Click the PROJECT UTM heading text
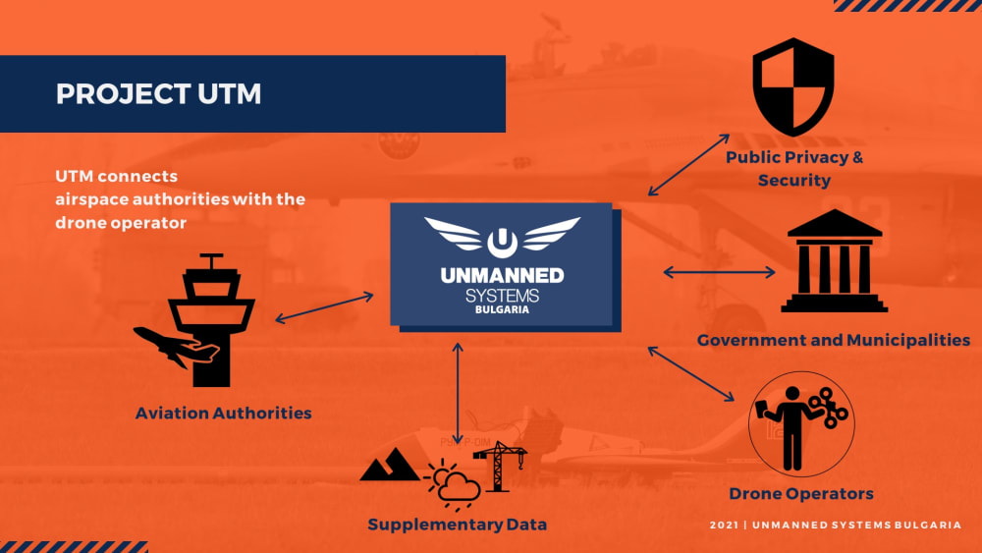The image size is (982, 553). coord(159,94)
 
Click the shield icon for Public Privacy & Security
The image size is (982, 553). coord(792,87)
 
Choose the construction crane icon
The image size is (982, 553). coord(501,463)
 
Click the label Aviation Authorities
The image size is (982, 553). coord(223,414)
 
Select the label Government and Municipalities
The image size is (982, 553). coord(833,340)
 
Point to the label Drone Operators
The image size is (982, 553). coord(800,493)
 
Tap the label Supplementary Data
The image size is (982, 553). coord(457,525)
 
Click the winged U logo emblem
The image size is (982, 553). coord(502,236)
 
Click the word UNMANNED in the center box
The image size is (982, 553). coord(501,274)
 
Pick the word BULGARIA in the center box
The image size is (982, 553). coord(501,309)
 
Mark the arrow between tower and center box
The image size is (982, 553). coord(324,306)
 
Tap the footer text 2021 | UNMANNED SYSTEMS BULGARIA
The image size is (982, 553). coord(835,525)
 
